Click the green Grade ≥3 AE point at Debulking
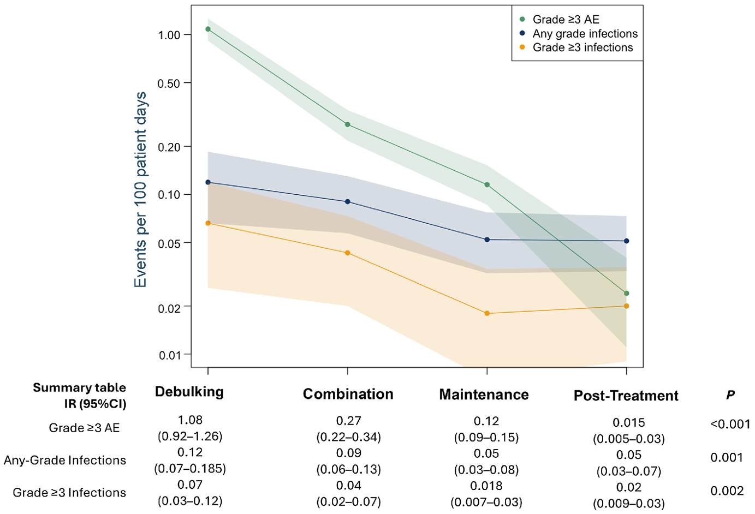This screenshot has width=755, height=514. pos(208,29)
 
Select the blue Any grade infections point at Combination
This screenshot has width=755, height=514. pos(348,202)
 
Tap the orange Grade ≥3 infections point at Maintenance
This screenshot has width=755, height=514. pos(487,313)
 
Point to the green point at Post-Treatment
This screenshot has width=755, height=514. pos(626,294)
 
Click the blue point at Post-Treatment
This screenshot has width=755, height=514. pos(626,241)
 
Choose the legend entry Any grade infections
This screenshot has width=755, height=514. pos(585,34)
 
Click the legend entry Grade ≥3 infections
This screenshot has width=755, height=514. pos(582,48)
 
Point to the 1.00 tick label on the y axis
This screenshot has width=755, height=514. pos(169,35)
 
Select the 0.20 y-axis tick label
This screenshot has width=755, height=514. pos(169,147)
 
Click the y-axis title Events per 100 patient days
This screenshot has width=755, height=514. pos(141,189)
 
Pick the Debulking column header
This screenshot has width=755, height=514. pos(189,392)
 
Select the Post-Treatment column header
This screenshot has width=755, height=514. pos(626,396)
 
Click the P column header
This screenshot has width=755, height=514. pos(730,395)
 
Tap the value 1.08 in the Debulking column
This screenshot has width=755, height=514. pos(190,420)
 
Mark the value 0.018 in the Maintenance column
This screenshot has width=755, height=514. pos(486,486)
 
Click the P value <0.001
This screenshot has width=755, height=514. pos(730,424)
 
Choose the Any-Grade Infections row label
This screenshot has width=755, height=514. pos(65,460)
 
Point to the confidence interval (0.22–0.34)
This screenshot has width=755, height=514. pos(348,437)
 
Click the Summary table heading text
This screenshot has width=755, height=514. pos(79,387)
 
